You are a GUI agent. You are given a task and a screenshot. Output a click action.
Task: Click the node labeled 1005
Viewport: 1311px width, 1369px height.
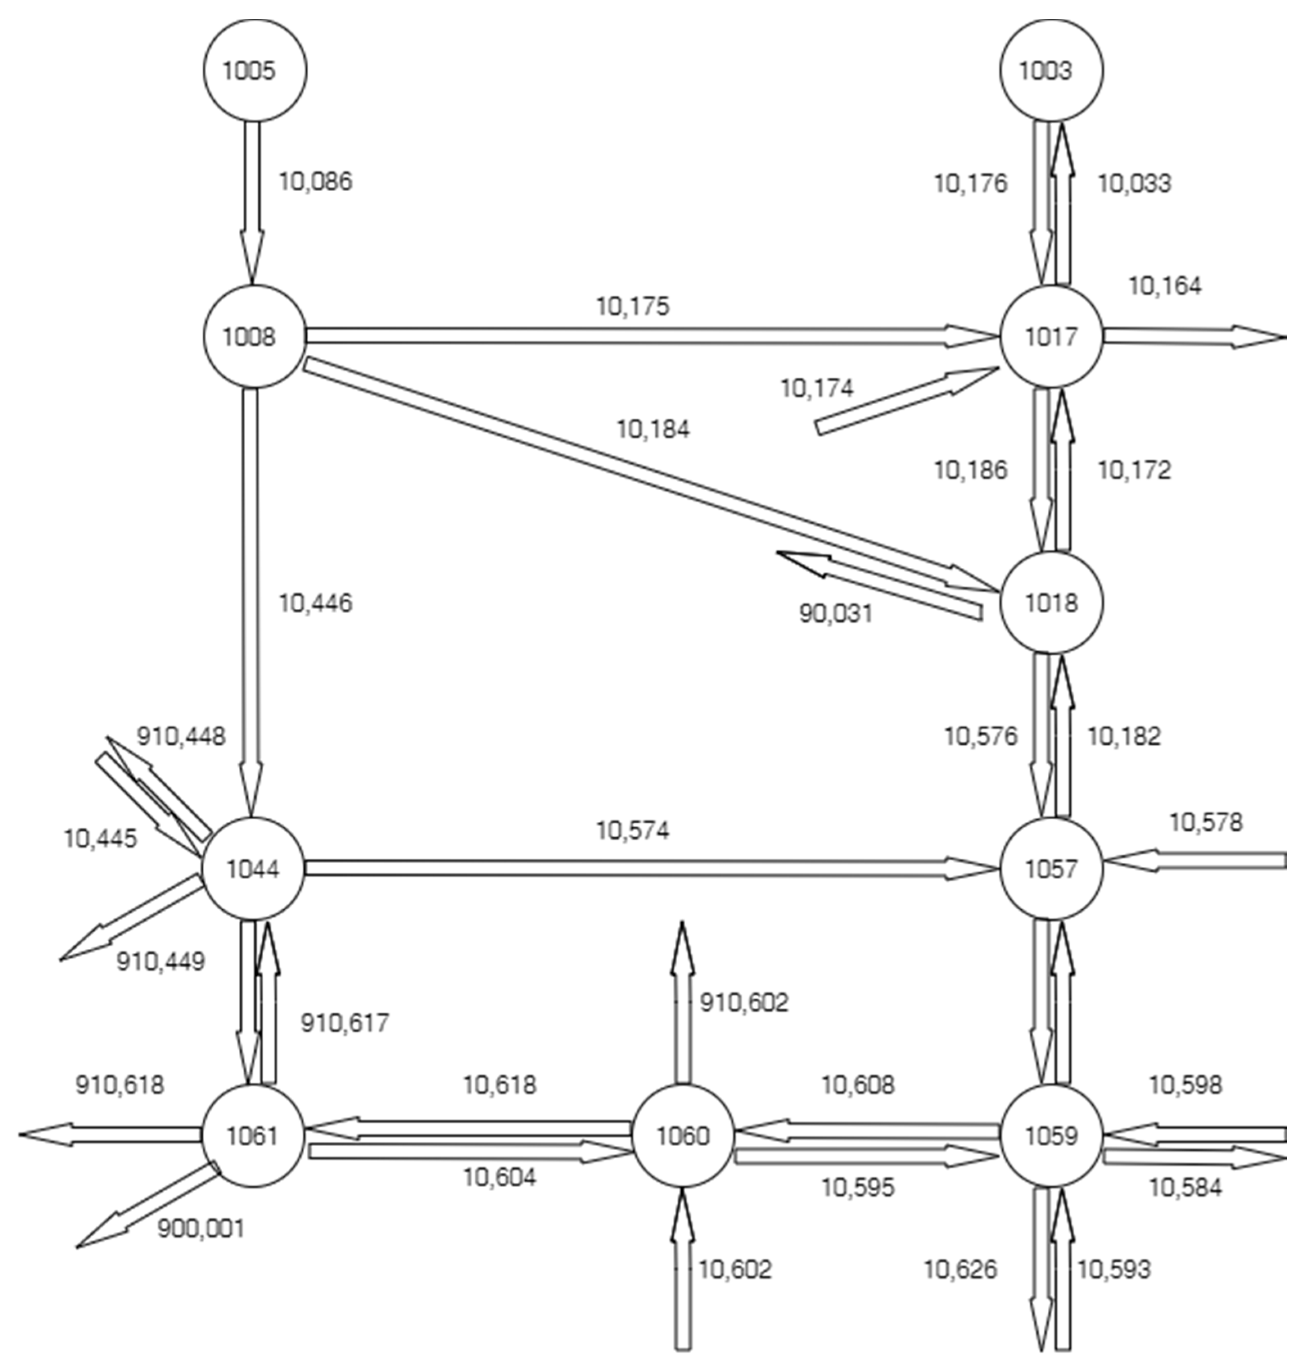tap(254, 70)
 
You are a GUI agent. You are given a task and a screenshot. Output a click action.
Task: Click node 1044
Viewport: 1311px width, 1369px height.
tap(253, 869)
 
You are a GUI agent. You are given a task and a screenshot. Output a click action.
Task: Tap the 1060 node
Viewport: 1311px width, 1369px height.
tap(683, 1136)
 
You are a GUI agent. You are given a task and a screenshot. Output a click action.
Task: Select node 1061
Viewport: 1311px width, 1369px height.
tap(253, 1136)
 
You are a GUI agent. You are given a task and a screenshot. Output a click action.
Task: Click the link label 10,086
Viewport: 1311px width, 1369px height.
tap(316, 181)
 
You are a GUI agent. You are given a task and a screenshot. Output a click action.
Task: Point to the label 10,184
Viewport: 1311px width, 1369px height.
tap(653, 429)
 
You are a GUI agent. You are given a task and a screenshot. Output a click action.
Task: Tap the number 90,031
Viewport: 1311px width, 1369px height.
tap(836, 614)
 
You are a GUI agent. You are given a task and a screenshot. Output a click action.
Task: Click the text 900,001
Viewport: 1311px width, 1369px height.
tap(201, 1228)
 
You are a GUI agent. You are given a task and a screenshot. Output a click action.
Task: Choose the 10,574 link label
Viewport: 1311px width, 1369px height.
tap(633, 830)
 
